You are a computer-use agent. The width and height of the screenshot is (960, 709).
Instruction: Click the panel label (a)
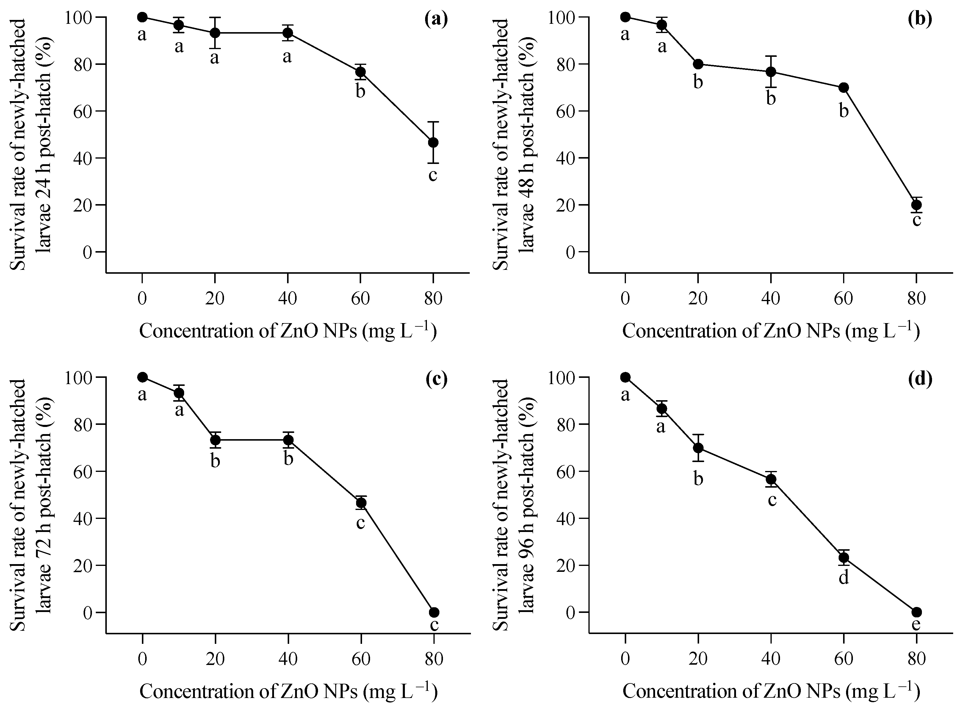(x=436, y=20)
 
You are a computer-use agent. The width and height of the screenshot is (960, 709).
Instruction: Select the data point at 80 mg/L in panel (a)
(x=433, y=143)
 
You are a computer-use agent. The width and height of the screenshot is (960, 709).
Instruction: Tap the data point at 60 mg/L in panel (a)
(x=361, y=72)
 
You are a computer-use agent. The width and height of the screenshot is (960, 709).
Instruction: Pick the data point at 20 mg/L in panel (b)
(x=698, y=64)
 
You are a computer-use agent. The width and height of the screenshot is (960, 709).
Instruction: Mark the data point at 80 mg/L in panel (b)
(x=916, y=205)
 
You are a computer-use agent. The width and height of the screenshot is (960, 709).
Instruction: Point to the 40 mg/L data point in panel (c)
(x=288, y=440)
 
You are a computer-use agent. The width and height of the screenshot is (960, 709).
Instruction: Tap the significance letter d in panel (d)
(x=844, y=578)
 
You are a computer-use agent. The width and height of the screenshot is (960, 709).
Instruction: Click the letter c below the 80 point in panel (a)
(x=433, y=176)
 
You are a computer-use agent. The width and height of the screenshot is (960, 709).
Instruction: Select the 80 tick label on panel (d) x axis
(x=916, y=658)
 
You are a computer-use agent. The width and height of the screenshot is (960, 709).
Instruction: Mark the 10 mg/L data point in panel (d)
(x=662, y=409)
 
